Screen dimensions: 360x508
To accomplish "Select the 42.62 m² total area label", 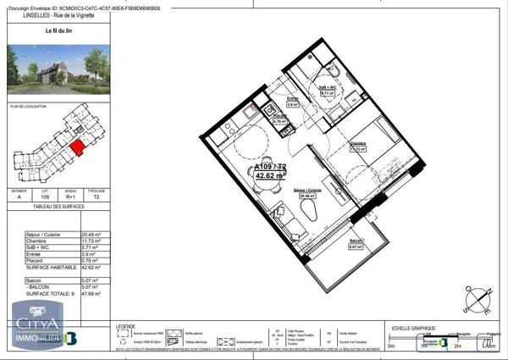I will [271, 177].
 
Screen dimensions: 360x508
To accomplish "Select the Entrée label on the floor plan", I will [292, 99].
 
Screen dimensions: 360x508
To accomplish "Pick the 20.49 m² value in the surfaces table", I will [91, 235].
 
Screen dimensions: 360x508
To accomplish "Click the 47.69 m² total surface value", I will [91, 293].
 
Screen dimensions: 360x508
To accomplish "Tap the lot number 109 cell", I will [47, 197].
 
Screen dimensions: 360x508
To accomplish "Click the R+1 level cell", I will [71, 197].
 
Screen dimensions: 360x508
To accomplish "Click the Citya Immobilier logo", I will [36, 329].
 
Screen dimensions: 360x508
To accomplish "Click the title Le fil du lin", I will [58, 30].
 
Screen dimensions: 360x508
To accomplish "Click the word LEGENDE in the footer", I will [125, 326].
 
